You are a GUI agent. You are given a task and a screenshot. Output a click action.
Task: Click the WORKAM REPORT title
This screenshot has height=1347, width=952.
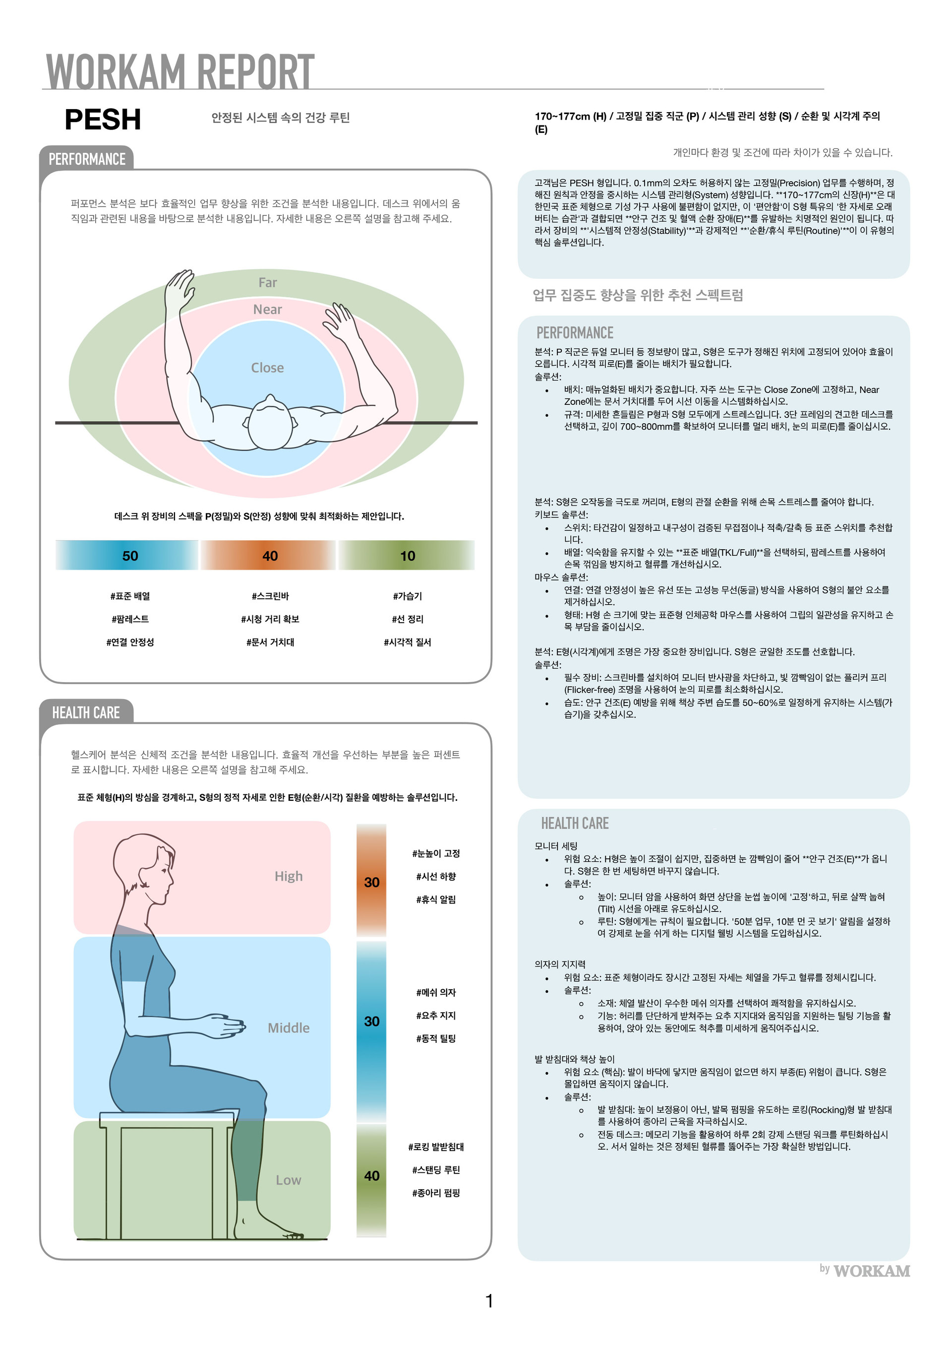pyautogui.click(x=180, y=71)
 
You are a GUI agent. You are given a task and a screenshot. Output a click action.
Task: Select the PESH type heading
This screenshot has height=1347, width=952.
pyautogui.click(x=103, y=120)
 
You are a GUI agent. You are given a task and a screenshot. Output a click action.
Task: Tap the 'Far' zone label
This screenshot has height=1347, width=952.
pyautogui.click(x=268, y=282)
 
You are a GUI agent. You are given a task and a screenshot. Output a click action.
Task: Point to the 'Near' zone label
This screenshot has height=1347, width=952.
pyautogui.click(x=267, y=309)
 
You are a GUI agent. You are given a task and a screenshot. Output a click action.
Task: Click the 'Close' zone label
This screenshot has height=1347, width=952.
pyautogui.click(x=267, y=368)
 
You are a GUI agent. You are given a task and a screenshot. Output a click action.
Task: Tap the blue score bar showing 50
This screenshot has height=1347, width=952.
pyautogui.click(x=127, y=556)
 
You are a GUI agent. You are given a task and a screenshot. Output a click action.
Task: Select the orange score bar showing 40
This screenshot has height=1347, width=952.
pyautogui.click(x=268, y=556)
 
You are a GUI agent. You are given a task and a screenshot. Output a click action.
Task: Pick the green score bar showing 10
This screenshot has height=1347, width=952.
pyautogui.click(x=407, y=556)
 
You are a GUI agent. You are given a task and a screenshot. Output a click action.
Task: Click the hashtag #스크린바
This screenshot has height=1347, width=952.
pyautogui.click(x=270, y=596)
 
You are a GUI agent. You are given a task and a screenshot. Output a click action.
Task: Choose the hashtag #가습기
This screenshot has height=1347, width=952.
pyautogui.click(x=408, y=596)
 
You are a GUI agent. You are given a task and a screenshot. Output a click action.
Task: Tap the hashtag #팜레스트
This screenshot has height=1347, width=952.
pyautogui.click(x=130, y=619)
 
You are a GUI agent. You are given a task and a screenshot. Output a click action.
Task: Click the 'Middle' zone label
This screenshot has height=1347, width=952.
pyautogui.click(x=289, y=1028)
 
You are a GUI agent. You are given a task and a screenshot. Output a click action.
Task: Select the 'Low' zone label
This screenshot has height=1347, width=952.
pyautogui.click(x=289, y=1180)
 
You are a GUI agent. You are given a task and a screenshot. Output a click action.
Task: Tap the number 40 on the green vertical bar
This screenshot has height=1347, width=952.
pyautogui.click(x=372, y=1176)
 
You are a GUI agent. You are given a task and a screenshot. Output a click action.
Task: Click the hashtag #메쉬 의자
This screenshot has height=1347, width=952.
pyautogui.click(x=436, y=992)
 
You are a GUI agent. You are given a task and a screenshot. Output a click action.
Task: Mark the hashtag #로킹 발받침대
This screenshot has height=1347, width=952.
pyautogui.click(x=436, y=1147)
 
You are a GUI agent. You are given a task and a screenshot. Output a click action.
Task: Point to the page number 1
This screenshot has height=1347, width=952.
pyautogui.click(x=489, y=1301)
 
